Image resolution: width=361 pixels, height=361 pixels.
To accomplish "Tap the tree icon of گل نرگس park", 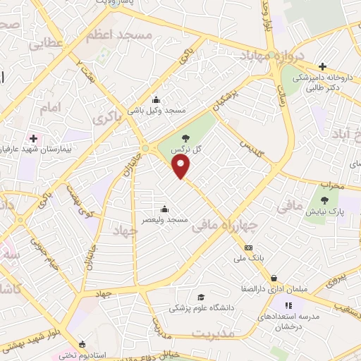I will pos(185,139).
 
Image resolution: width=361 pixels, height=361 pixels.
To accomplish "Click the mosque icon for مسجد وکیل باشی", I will pos(156,100).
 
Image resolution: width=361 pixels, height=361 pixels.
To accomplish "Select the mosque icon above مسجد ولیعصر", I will pos(164,209).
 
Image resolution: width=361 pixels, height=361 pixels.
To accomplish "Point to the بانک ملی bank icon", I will pos(248,247).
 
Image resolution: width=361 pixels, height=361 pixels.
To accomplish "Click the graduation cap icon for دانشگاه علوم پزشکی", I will pos(201,297).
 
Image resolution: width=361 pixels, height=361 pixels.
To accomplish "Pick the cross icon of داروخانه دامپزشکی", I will pos(322,66).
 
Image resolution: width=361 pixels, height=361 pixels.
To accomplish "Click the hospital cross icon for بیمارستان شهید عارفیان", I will pos(32,137).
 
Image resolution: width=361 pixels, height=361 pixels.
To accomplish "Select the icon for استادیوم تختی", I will pos(82,345).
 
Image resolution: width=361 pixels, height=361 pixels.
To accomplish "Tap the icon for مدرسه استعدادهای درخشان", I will pos(288,305).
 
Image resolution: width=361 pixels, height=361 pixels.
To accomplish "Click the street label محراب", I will pos(330,185).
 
